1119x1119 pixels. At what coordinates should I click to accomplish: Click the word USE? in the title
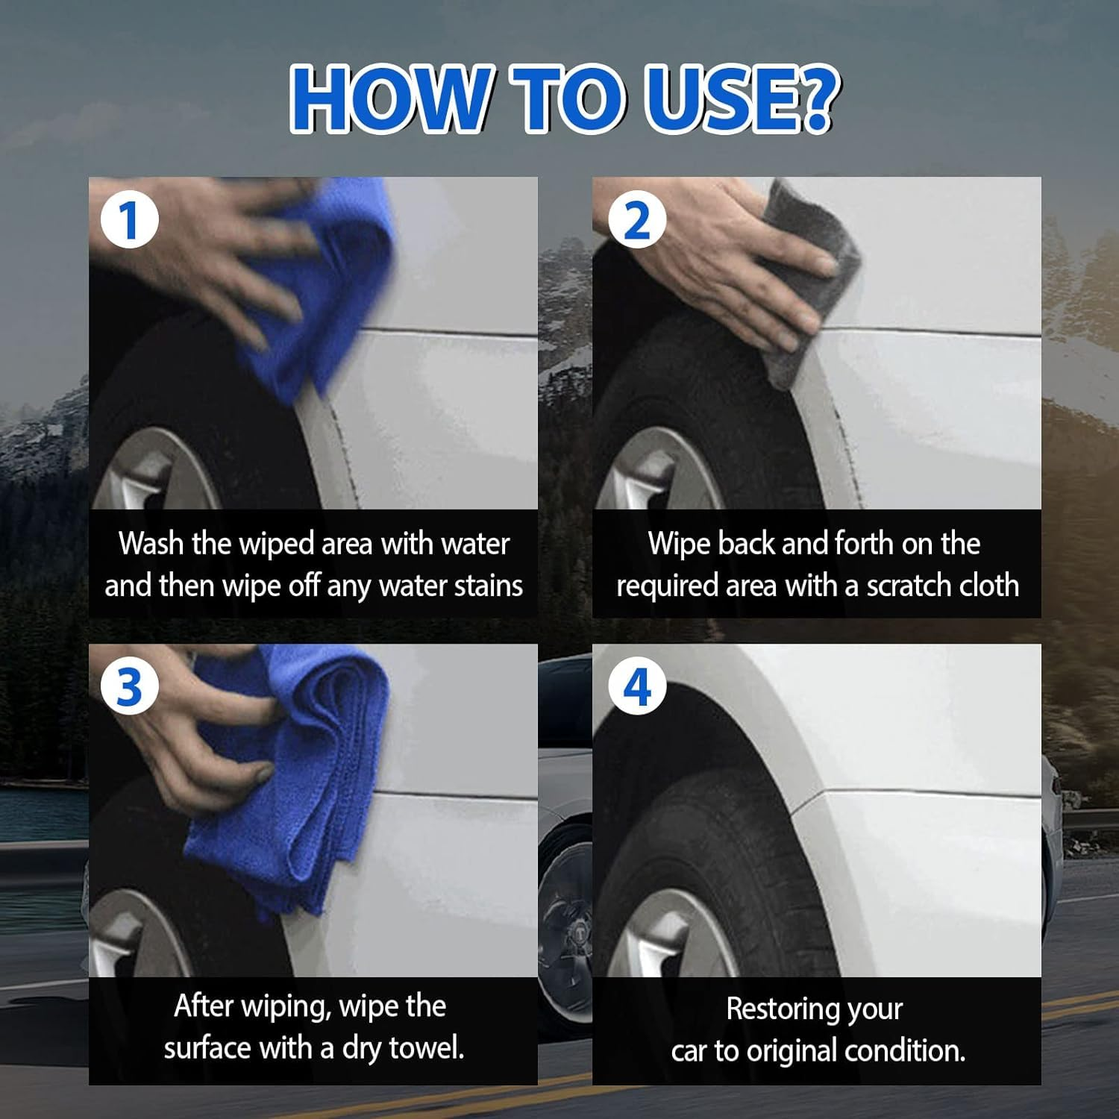point(739,99)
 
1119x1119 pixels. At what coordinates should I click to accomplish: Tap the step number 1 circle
point(130,220)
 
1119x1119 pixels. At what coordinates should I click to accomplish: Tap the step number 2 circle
point(636,220)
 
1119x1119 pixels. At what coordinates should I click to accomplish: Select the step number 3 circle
point(130,687)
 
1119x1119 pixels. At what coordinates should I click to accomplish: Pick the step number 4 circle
point(636,687)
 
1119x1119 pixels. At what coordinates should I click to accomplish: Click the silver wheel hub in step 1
point(149,470)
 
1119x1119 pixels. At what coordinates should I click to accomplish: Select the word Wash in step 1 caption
point(151,543)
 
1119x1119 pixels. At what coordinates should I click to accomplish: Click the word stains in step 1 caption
point(489,586)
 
